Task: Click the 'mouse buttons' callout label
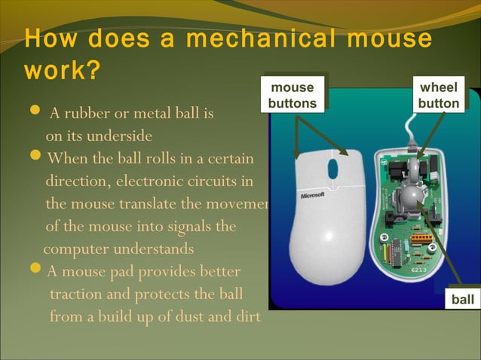293,95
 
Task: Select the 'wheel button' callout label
439,95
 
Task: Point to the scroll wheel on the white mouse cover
332,169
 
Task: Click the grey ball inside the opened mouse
413,198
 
